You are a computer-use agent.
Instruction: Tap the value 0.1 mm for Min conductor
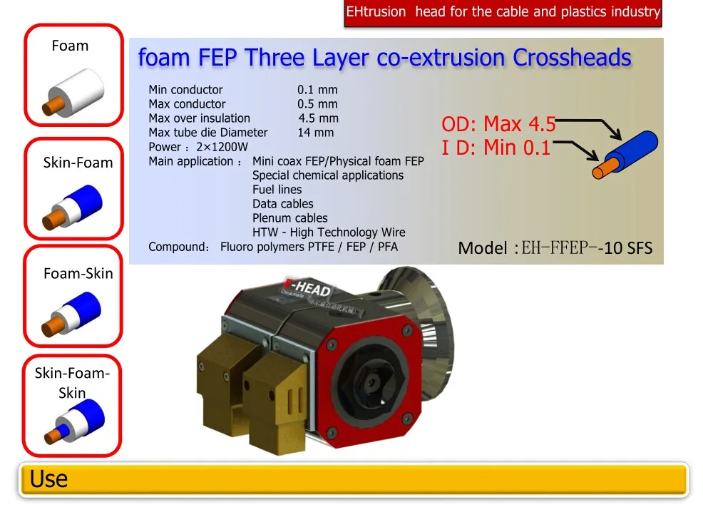[x=317, y=90]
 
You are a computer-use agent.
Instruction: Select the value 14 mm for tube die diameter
[x=315, y=133]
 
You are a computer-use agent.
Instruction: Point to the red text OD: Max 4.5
[x=498, y=124]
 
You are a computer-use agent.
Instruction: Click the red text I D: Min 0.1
[x=496, y=148]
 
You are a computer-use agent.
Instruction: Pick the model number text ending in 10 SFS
[x=555, y=248]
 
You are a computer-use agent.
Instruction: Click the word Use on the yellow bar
[x=48, y=479]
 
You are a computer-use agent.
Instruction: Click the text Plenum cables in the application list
[x=289, y=218]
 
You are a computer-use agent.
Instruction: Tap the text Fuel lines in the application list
[x=277, y=190]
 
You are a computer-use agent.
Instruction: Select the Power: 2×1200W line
[x=198, y=147]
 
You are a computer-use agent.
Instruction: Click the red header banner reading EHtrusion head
[x=503, y=12]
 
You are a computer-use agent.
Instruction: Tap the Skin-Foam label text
[x=78, y=163]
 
